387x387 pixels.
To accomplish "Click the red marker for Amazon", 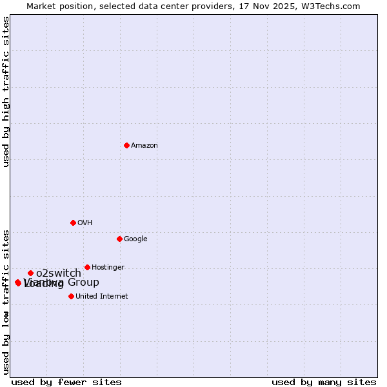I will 126,145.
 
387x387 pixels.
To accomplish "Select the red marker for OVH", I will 73,223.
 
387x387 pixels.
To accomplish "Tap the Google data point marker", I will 119,239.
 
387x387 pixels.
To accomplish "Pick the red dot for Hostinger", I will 87,267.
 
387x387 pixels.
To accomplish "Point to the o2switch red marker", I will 30,273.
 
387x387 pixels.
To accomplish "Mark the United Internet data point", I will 71,296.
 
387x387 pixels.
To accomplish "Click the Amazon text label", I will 144,146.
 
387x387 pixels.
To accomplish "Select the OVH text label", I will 85,223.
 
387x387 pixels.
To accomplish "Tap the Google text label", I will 135,239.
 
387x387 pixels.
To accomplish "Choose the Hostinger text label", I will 108,268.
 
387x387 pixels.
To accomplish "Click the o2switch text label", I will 59,273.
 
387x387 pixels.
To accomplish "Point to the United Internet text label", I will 102,297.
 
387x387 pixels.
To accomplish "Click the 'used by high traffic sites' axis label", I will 6,92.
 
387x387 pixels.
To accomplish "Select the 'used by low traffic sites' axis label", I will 6,301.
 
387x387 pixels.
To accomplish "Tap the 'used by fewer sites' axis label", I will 66,382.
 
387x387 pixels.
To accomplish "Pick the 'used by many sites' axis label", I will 324,382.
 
